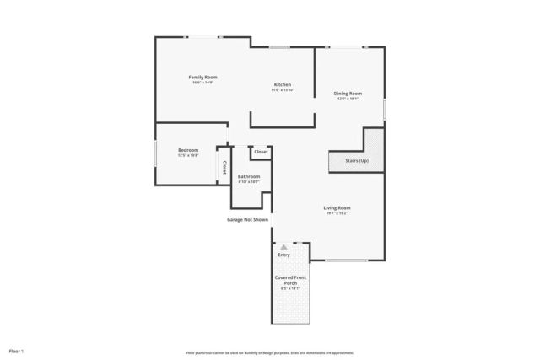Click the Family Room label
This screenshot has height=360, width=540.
point(202,78)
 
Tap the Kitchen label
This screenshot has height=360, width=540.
point(283,84)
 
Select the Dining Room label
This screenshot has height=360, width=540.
point(348,94)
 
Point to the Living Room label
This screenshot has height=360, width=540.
point(337,207)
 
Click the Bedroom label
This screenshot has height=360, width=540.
point(187,150)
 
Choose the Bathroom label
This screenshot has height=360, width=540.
point(249,176)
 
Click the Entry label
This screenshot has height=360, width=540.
point(283,255)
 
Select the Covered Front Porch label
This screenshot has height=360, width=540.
point(290,280)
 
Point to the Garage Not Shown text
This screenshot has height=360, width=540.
point(247,220)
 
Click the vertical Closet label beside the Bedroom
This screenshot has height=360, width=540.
point(224,166)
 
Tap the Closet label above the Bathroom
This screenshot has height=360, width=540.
point(261,152)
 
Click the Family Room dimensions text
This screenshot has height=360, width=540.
point(202,83)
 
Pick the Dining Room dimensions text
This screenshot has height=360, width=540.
point(348,99)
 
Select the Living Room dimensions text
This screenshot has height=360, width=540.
point(337,213)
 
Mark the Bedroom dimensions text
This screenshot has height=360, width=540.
point(187,155)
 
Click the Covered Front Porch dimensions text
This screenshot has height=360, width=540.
point(290,288)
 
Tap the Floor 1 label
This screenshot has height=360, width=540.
point(16,350)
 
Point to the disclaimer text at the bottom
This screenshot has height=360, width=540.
point(269,352)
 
